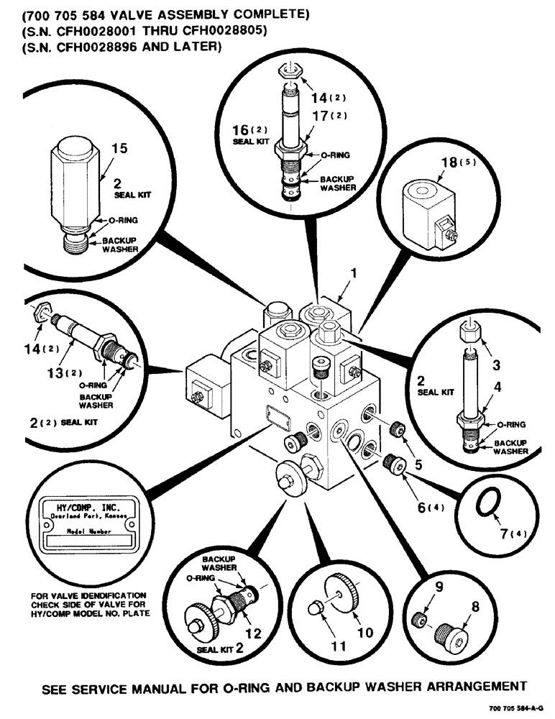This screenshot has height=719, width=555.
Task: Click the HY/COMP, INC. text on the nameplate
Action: [87, 508]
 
